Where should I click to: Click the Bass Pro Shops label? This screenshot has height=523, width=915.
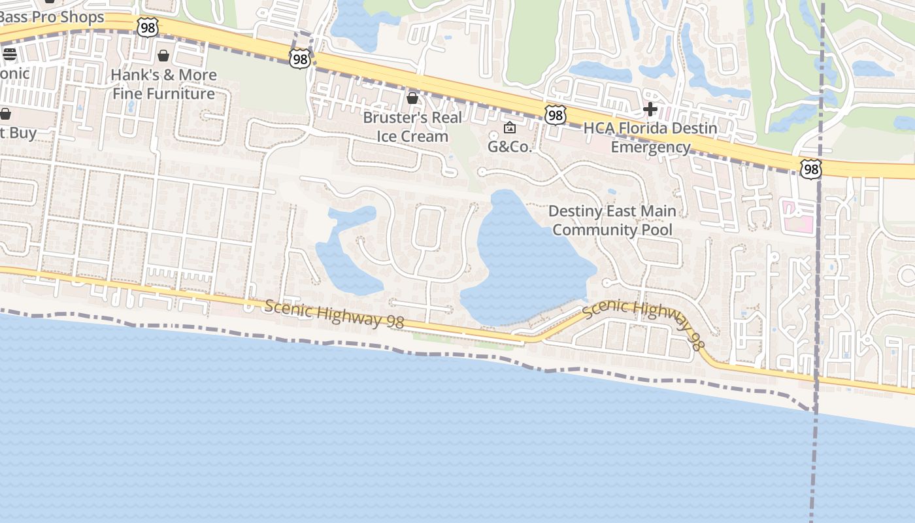52,17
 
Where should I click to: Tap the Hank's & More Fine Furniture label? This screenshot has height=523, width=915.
163,84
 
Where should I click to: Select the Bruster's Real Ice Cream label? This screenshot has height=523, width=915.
412,127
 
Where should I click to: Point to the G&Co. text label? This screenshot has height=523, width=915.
510,146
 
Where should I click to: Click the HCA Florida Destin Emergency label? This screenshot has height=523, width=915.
650,137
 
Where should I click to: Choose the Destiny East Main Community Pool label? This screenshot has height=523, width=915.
612,220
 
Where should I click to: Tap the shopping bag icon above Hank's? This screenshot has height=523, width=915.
163,56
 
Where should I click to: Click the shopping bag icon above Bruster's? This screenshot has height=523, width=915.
412,98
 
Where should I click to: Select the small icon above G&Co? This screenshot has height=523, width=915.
510,127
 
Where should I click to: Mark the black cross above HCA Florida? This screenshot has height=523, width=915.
650,109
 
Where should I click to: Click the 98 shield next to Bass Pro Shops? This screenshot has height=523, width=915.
148,27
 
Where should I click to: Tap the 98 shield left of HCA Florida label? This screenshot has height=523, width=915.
555,116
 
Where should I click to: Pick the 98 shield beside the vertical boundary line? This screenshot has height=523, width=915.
811,169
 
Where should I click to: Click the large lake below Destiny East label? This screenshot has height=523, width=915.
523,261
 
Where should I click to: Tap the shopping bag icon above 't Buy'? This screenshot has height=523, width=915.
5,114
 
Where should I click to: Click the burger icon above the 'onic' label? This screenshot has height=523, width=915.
9,54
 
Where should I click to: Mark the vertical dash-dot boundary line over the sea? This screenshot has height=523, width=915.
814,471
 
